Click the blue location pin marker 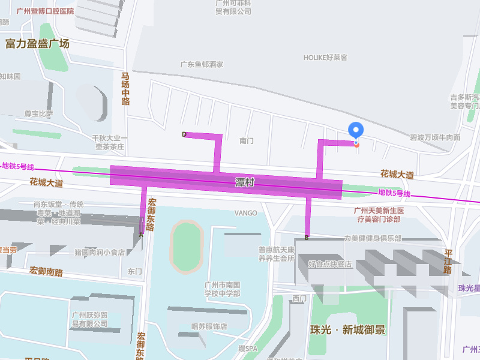(x=356, y=130)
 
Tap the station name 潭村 (x=245, y=181)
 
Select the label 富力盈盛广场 (x=37, y=44)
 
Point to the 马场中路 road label (x=125, y=89)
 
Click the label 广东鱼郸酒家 (x=202, y=64)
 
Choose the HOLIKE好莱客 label (x=325, y=58)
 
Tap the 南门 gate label (x=247, y=141)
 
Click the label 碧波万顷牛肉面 (x=435, y=137)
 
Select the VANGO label (x=245, y=213)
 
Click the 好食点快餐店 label (x=330, y=264)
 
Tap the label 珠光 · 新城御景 (x=347, y=330)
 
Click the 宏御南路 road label (x=46, y=272)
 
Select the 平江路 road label (x=448, y=262)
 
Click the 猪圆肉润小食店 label (x=100, y=253)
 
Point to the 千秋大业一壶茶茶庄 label (x=110, y=142)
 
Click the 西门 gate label (x=299, y=298)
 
